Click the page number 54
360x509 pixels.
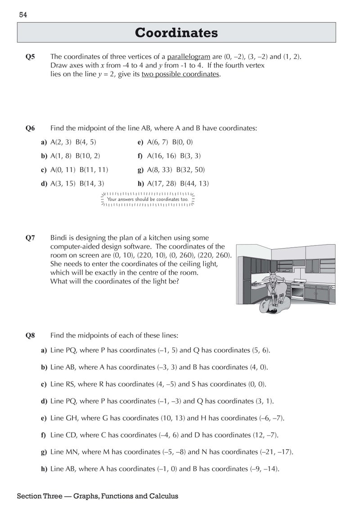tap(23, 15)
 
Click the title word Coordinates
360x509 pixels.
tap(176, 33)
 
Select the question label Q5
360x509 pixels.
tap(30, 57)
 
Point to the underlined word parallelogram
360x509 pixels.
tap(189, 57)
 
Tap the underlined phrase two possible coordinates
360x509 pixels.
tap(180, 74)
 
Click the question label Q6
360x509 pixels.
tap(30, 128)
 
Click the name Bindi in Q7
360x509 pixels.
tap(59, 238)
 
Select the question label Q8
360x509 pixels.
tap(30, 335)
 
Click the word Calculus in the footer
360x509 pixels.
tap(162, 496)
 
